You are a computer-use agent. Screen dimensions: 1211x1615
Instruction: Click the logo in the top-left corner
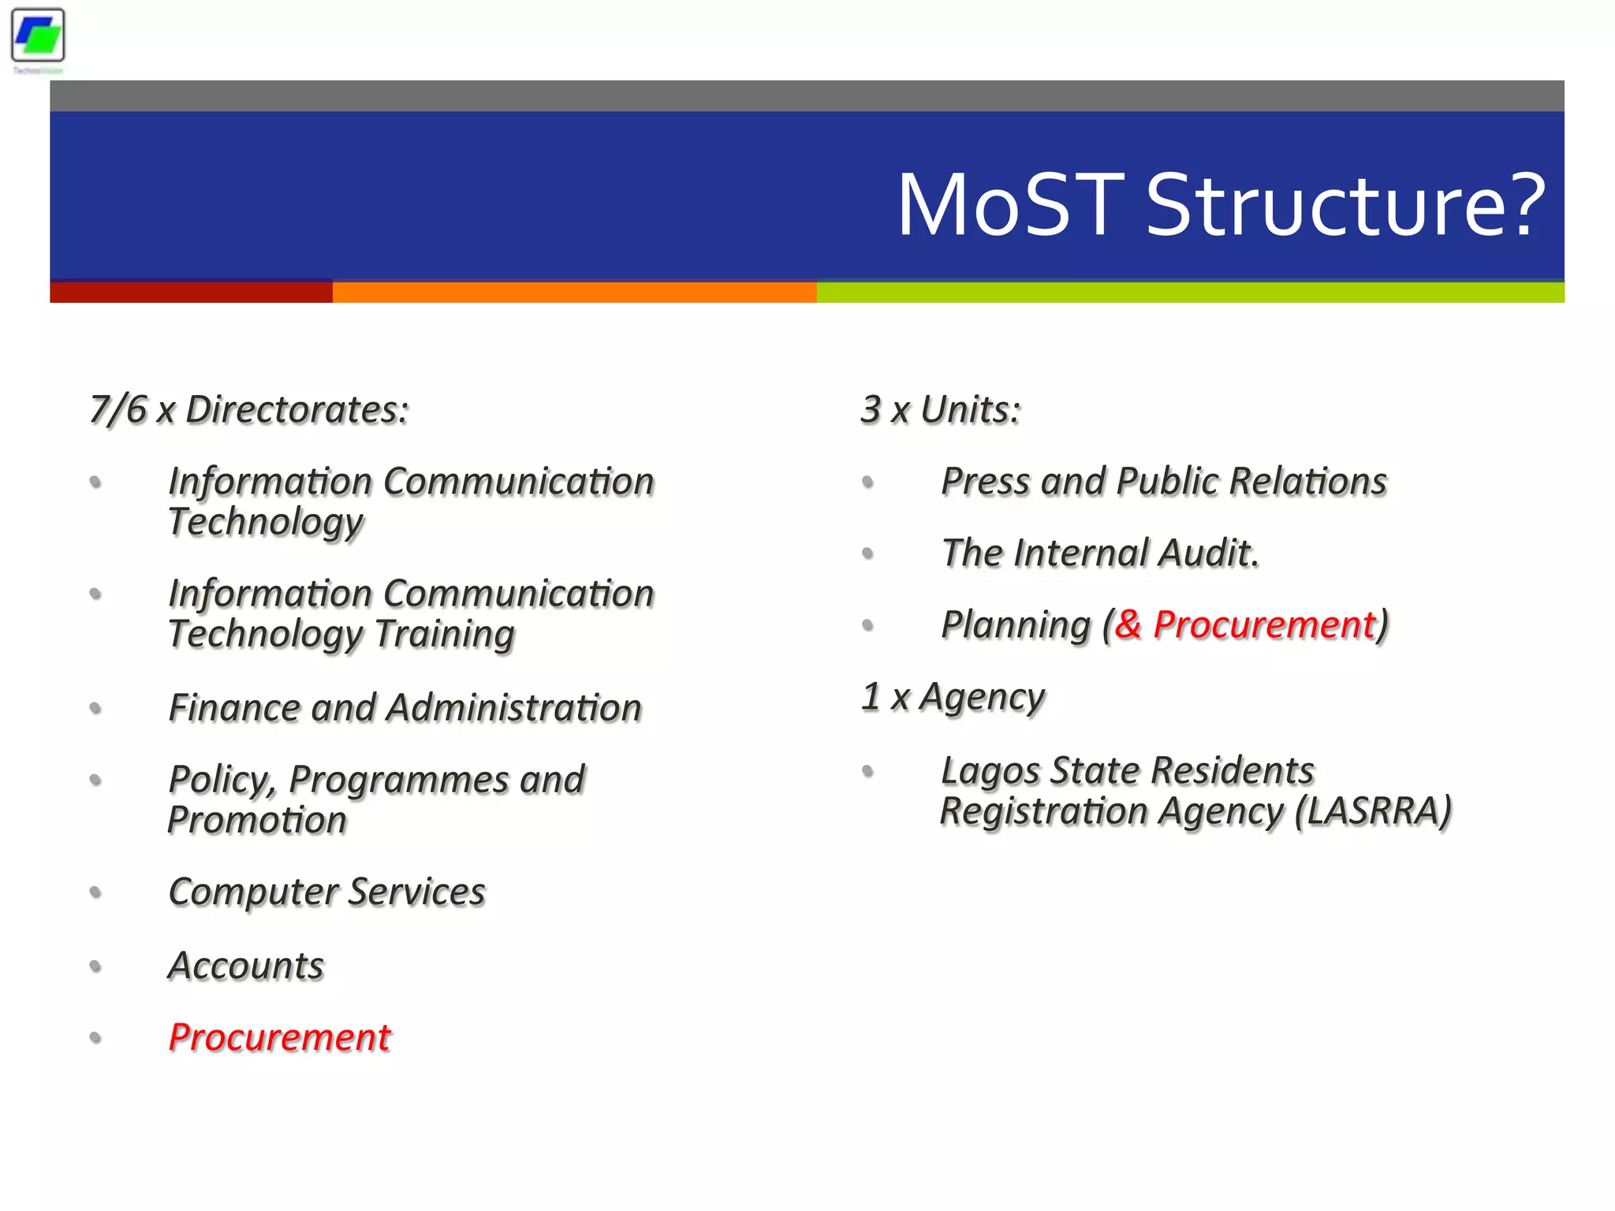pyautogui.click(x=38, y=36)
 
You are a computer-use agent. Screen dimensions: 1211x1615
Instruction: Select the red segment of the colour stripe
pyautogui.click(x=191, y=292)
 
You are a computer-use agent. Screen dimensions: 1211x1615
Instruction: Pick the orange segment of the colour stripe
pyautogui.click(x=574, y=292)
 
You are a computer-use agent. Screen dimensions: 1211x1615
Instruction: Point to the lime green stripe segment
pyautogui.click(x=1190, y=292)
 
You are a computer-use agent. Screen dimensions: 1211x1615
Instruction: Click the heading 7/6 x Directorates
pyautogui.click(x=249, y=410)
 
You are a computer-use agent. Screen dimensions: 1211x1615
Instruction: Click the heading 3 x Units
pyautogui.click(x=941, y=410)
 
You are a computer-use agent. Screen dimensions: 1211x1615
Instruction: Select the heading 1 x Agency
pyautogui.click(x=953, y=697)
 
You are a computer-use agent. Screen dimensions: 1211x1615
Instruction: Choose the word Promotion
pyautogui.click(x=257, y=820)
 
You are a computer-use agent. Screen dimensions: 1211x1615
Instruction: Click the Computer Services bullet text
pyautogui.click(x=326, y=892)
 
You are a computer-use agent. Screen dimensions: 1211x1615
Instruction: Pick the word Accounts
pyautogui.click(x=246, y=966)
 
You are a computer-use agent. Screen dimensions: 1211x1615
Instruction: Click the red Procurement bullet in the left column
pyautogui.click(x=280, y=1038)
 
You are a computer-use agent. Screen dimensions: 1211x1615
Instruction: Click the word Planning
pyautogui.click(x=1016, y=625)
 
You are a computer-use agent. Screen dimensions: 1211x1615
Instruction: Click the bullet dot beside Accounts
pyautogui.click(x=95, y=966)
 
